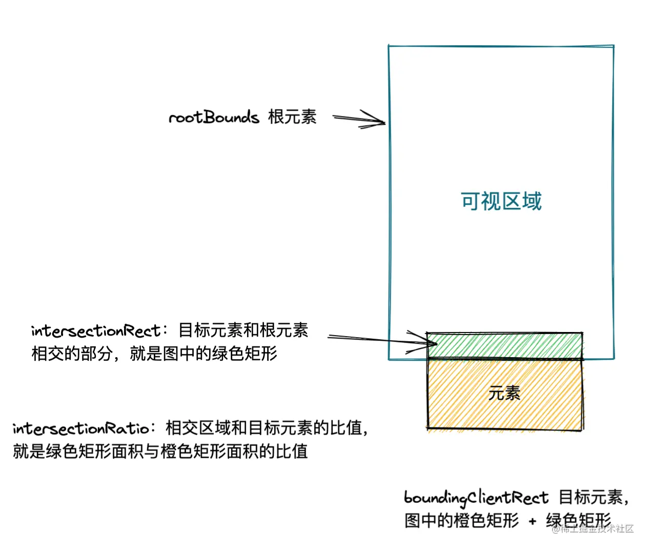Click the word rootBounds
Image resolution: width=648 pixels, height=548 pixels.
pos(214,118)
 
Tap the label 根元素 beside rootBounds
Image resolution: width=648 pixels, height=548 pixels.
pos(292,117)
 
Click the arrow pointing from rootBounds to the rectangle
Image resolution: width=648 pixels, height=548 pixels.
pos(359,120)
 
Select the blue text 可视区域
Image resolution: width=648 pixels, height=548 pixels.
pos(501,201)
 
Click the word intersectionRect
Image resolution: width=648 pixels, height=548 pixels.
pos(95,331)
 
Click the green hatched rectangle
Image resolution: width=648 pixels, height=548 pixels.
pos(504,345)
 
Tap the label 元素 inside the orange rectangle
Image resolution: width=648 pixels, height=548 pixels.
pos(504,394)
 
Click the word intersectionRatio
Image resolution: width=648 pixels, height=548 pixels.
pos(81,428)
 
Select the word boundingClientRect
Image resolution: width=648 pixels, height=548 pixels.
pos(476,498)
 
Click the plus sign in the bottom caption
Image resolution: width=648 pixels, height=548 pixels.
pos(532,521)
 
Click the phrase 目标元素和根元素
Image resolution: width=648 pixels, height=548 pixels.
pos(243,330)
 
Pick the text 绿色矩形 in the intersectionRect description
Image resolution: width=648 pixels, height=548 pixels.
pos(245,354)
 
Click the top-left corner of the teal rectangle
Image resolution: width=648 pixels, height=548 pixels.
pos(389,46)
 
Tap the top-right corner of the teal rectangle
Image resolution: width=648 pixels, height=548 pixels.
pos(613,46)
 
